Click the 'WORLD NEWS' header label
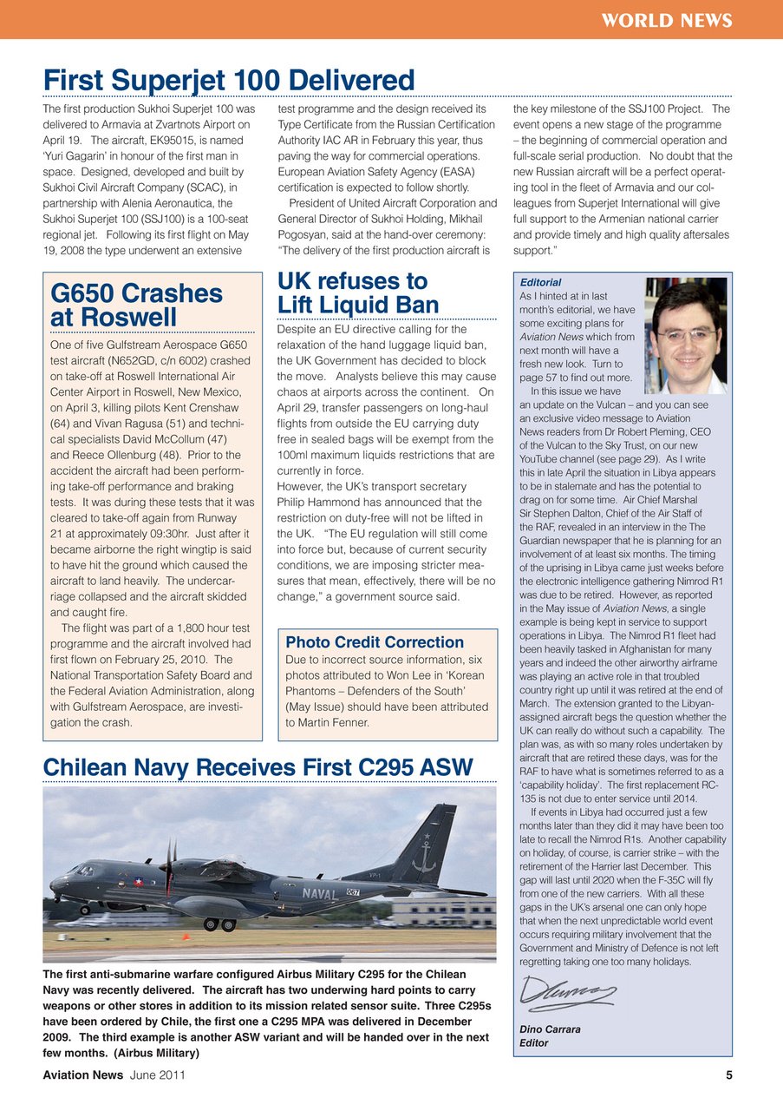click(x=668, y=20)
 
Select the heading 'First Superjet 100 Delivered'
click(x=229, y=80)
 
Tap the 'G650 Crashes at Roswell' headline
click(x=136, y=306)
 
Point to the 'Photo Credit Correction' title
click(x=375, y=642)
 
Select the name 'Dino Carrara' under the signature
click(x=550, y=1029)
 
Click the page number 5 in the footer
click(x=728, y=1075)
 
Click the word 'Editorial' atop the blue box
click(x=540, y=282)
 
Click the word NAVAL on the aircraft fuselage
click(x=320, y=893)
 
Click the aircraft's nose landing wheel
click(x=84, y=910)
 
